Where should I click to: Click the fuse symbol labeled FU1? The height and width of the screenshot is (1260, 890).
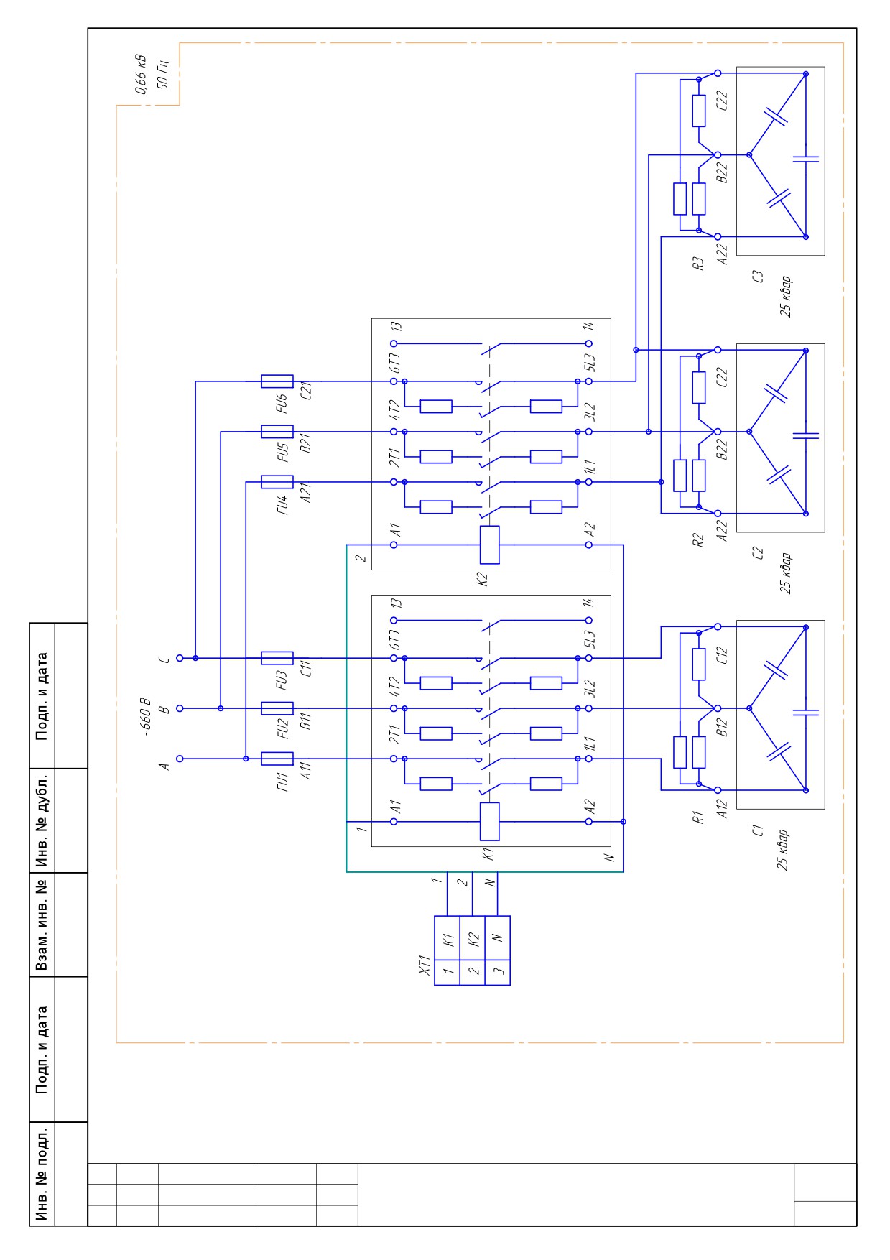277,759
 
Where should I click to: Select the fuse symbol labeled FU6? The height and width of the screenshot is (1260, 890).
277,381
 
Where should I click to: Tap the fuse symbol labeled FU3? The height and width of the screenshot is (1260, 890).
277,658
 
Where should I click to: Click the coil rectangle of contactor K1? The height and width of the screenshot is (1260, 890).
489,822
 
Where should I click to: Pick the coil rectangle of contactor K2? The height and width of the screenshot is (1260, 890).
489,545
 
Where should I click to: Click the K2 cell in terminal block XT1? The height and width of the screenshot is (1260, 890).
473,938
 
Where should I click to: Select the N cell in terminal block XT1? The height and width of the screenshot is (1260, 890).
498,938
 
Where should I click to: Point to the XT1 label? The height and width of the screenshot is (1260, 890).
424,965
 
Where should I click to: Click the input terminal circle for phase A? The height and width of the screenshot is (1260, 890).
180,759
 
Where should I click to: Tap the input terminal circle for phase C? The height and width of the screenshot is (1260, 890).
180,658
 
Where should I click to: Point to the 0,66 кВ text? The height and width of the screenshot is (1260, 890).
140,74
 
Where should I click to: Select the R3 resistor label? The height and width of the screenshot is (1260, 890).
697,264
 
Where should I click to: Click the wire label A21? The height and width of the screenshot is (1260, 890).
307,494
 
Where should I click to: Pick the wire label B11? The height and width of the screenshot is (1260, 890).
307,721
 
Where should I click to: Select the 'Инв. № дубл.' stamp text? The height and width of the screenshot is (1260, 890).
42,820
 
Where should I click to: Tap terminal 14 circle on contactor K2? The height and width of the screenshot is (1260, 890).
589,344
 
